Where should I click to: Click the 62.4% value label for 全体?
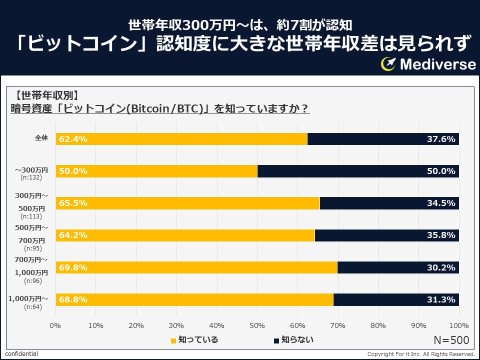(x=73, y=139)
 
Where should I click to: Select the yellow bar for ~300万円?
(x=156, y=171)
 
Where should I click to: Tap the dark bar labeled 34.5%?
(x=389, y=203)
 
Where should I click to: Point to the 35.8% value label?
(x=441, y=235)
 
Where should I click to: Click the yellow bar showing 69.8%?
(x=196, y=267)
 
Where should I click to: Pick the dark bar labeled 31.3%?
(x=396, y=299)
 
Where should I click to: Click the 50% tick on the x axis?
(x=257, y=325)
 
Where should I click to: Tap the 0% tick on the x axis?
(x=55, y=325)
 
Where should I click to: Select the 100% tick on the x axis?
(x=459, y=325)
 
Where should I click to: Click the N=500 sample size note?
(x=451, y=340)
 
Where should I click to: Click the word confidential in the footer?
(x=21, y=354)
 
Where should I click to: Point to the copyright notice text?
(x=421, y=354)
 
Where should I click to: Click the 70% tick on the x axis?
(x=338, y=325)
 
